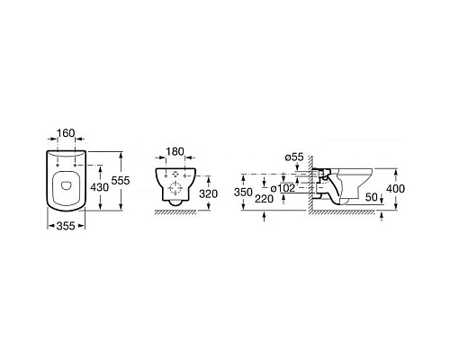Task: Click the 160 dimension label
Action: point(66,133)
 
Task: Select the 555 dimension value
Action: point(121,181)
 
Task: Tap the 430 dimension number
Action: point(100,187)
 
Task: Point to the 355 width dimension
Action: point(66,226)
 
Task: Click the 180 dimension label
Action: point(175,152)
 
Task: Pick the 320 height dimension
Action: point(208,194)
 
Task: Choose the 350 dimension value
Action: point(243,193)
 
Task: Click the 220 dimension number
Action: point(264,199)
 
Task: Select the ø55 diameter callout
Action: point(294,157)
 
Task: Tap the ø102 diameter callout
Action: point(283,188)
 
